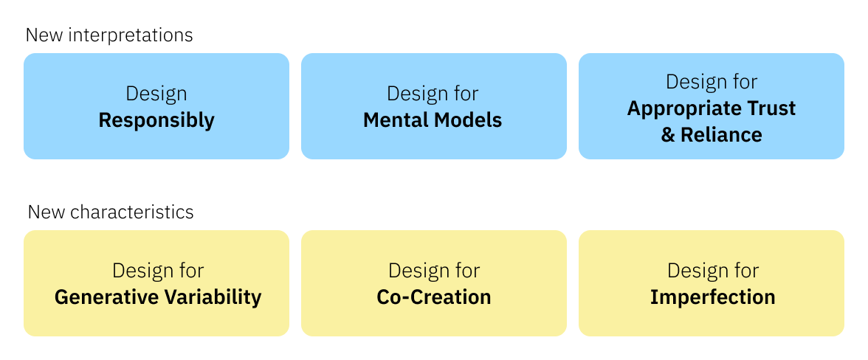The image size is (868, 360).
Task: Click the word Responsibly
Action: (156, 120)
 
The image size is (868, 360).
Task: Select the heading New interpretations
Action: (109, 35)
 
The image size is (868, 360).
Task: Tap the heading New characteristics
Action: (111, 212)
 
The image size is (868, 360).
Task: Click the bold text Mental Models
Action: (433, 120)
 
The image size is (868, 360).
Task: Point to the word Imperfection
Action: (712, 297)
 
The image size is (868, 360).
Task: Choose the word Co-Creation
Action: (433, 297)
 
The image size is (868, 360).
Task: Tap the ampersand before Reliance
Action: (668, 135)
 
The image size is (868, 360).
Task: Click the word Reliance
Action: (721, 135)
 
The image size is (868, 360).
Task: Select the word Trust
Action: (769, 108)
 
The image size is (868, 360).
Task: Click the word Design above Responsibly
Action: (156, 94)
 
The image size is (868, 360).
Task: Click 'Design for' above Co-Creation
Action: (433, 271)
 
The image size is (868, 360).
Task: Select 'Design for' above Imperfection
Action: (712, 271)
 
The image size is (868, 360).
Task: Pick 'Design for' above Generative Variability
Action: (157, 271)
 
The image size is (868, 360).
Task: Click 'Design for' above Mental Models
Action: (433, 94)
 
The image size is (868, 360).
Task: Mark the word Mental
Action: (393, 120)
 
